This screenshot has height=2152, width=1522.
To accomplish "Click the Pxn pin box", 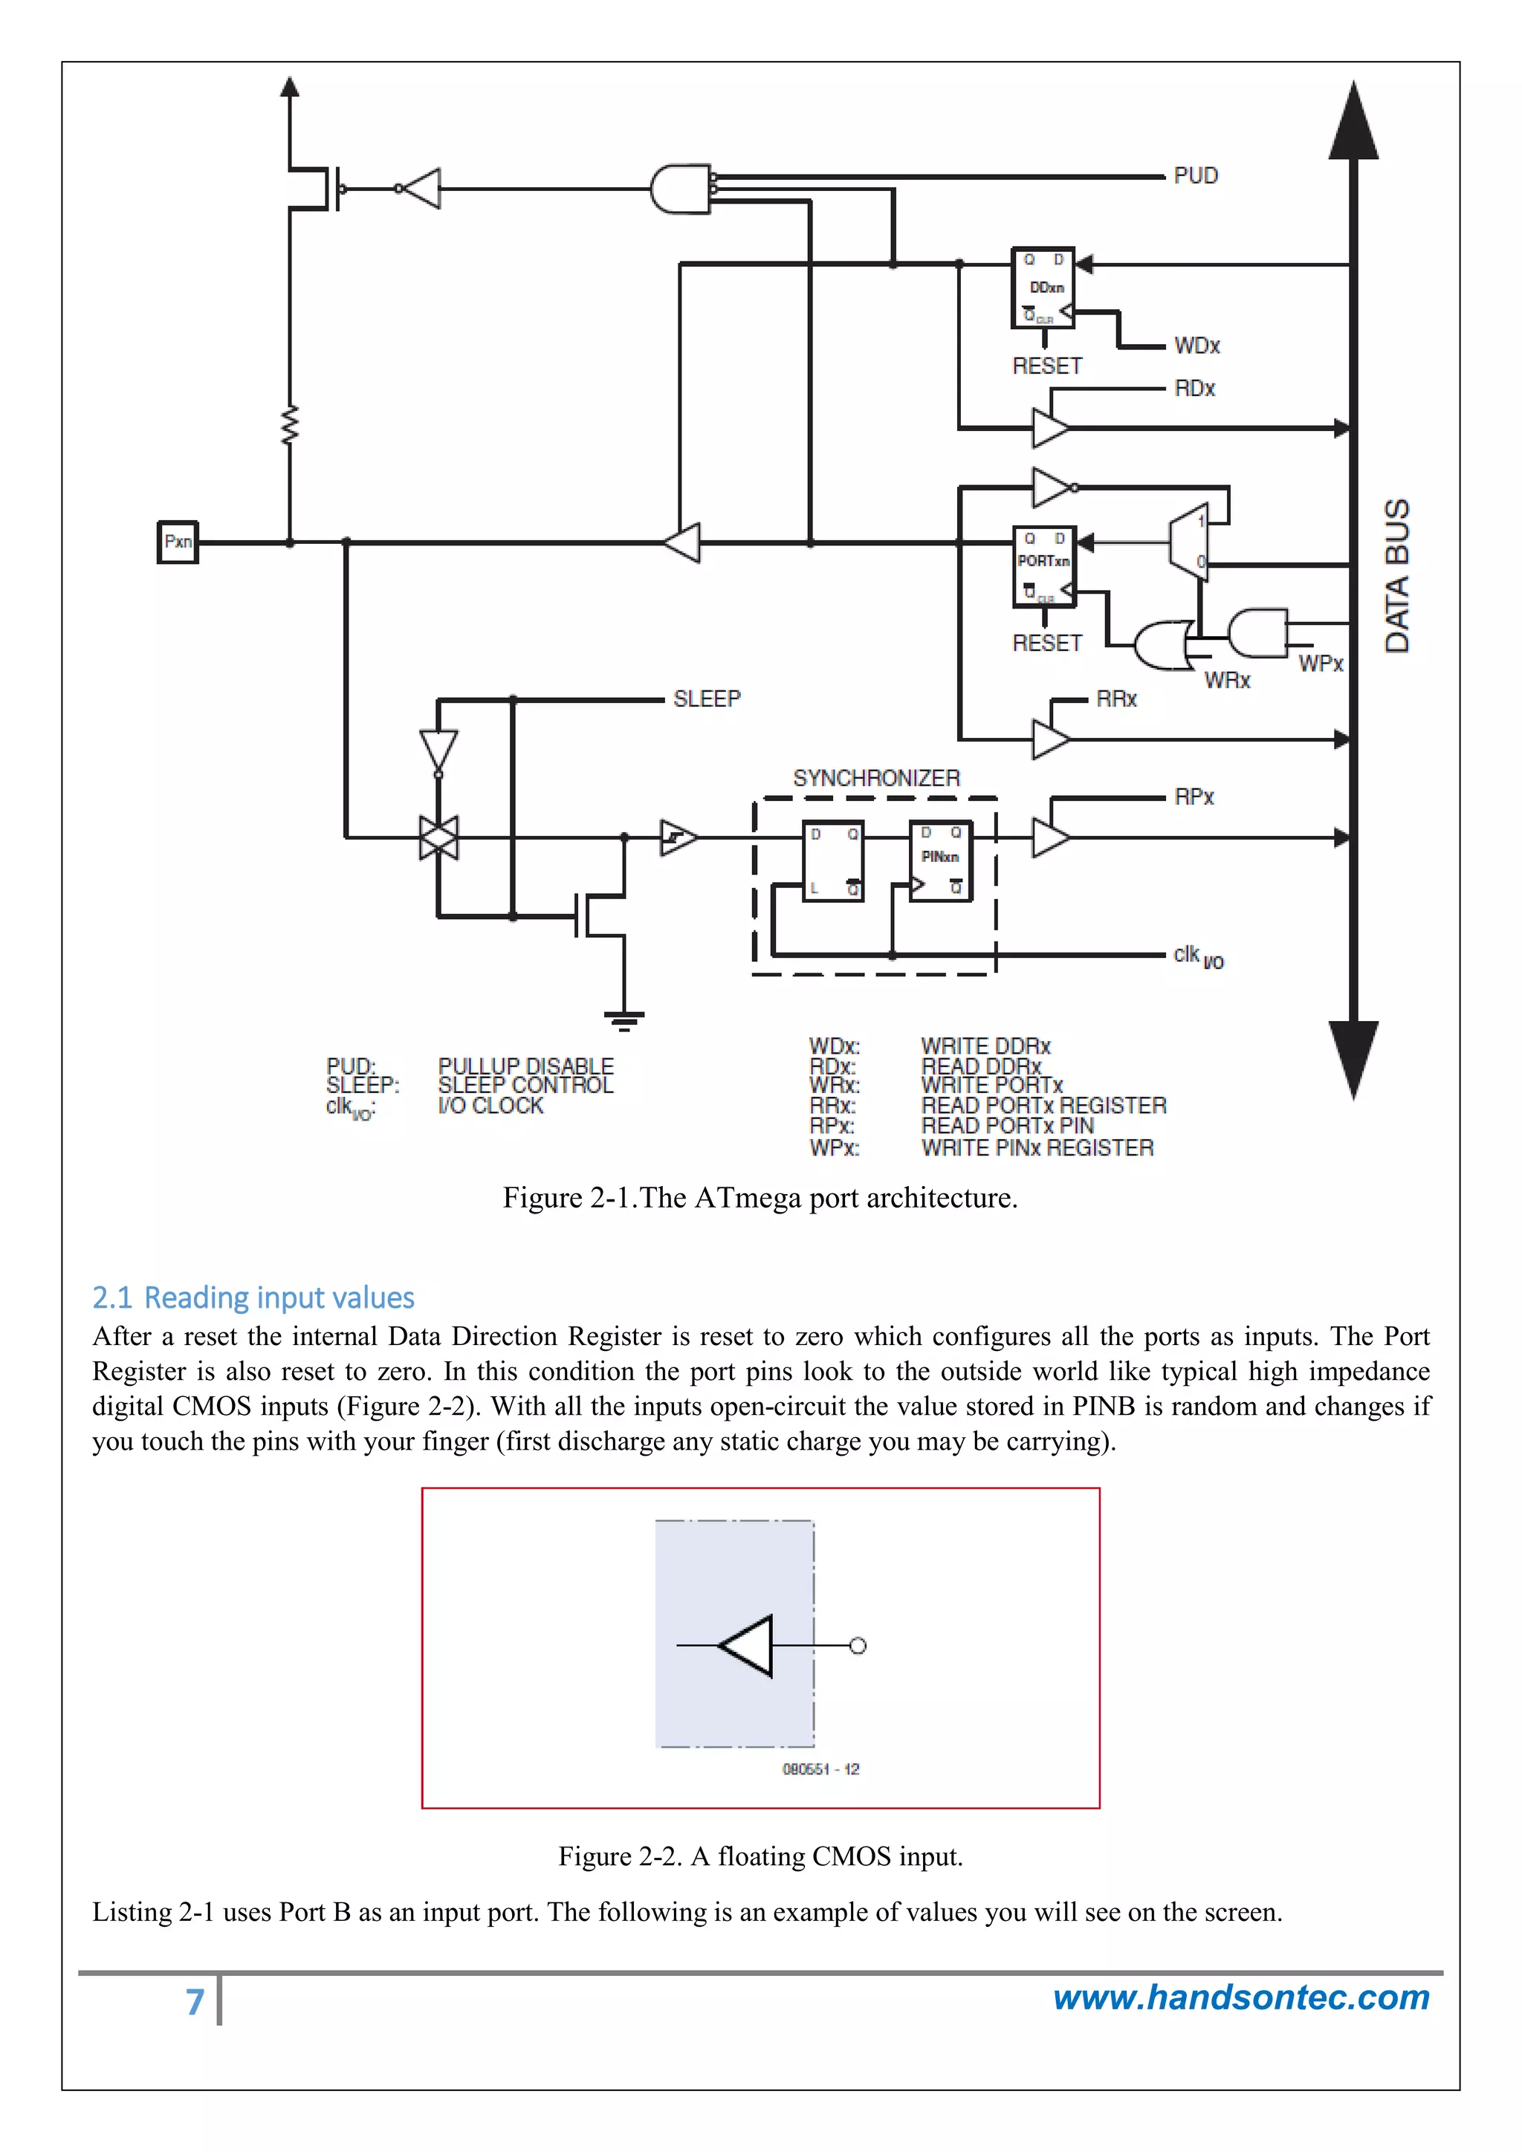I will (177, 542).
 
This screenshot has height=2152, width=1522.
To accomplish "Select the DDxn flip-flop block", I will (1043, 288).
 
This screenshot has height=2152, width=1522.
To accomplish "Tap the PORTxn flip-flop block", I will (1044, 565).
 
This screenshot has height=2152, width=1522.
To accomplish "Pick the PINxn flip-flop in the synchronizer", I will (940, 861).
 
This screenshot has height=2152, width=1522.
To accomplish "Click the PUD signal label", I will (1195, 176).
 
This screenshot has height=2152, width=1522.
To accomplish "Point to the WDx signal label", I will (1196, 346).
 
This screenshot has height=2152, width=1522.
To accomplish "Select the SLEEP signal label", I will (707, 699).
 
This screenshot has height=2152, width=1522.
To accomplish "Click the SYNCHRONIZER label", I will (876, 778).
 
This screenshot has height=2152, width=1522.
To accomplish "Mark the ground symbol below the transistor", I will (624, 1020).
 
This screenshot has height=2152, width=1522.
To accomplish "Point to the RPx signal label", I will (1194, 797).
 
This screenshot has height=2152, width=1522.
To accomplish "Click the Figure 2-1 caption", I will (760, 1198).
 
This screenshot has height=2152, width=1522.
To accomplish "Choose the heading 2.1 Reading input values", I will (253, 1297).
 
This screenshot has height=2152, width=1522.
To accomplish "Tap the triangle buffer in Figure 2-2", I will (748, 1645).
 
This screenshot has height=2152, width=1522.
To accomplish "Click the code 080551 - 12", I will (820, 1769).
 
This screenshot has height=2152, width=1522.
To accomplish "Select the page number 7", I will (195, 2001).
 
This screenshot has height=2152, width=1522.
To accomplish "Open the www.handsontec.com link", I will (1241, 1997).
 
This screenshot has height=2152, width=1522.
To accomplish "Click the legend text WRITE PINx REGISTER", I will (1037, 1147).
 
